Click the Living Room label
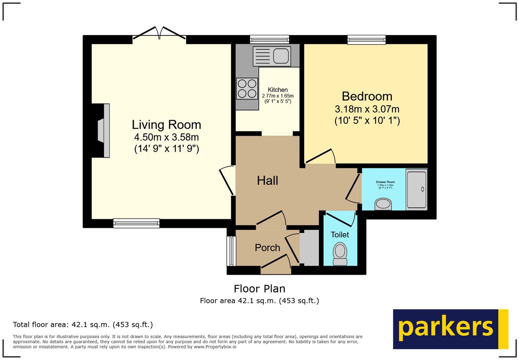[166, 125]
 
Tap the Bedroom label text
[367, 96]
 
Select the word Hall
[267, 181]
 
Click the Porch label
[267, 248]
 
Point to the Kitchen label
[277, 90]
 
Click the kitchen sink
[271, 56]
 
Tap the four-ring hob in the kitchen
[247, 89]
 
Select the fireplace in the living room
[103, 131]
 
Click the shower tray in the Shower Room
[416, 190]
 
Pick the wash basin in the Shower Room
[383, 204]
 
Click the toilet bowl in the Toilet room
[340, 253]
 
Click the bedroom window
[366, 40]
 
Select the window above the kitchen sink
[269, 40]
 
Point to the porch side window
[231, 251]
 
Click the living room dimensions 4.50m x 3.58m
[166, 137]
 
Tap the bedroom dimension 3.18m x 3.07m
[367, 109]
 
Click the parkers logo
[450, 329]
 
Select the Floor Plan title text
[259, 289]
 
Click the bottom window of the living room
[136, 223]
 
